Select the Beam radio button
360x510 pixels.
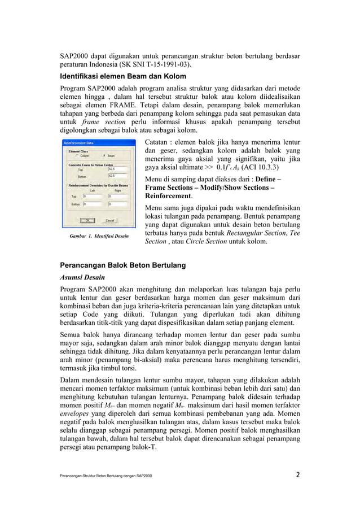(104, 156)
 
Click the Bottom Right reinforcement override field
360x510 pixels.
(118, 204)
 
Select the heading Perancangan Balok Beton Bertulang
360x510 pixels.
(123, 265)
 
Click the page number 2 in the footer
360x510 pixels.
(297, 474)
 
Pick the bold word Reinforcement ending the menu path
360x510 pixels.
(168, 196)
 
